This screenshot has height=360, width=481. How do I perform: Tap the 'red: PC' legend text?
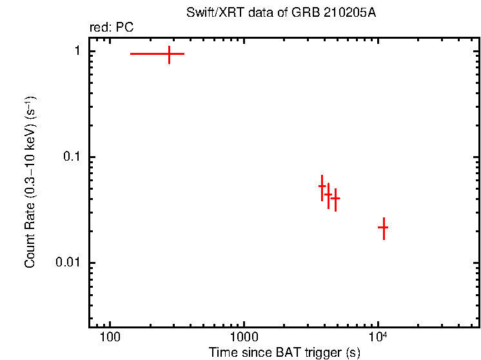[111, 28]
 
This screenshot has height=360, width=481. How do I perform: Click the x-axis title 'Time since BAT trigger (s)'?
[284, 352]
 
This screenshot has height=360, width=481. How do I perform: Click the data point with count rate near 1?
[169, 54]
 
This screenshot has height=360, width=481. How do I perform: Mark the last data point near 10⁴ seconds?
[383, 228]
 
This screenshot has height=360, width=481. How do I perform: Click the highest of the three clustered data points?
[322, 186]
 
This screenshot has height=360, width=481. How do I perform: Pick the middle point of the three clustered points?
[328, 195]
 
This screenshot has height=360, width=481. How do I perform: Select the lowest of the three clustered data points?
[335, 199]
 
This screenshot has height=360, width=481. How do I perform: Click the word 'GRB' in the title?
[308, 13]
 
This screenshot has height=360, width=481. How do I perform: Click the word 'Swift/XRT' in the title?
[210, 13]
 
